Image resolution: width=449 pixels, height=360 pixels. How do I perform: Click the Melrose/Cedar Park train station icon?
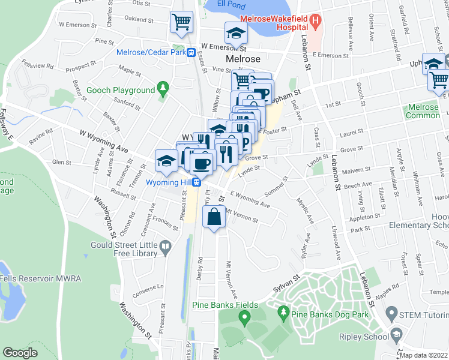tap(190, 52)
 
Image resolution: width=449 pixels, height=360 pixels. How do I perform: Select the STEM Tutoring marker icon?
tap(391, 313)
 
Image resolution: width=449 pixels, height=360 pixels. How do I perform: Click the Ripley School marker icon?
tap(396, 333)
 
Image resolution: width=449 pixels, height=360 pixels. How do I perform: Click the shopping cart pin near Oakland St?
tap(181, 23)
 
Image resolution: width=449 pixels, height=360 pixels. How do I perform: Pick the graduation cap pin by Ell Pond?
tap(236, 34)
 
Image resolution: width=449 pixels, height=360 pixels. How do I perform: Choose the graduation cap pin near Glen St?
tap(166, 160)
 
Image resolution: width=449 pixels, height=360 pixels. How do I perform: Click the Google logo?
tap(20, 353)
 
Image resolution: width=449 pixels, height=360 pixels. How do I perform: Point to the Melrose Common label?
tap(423, 111)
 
